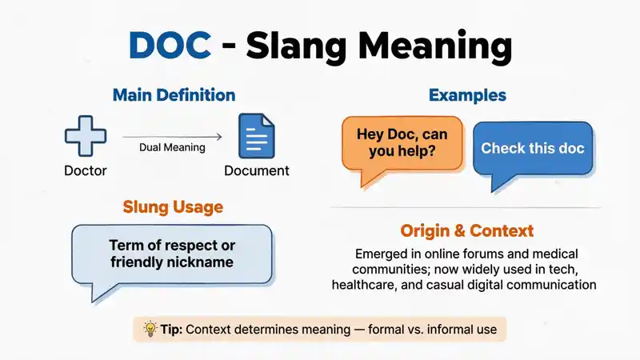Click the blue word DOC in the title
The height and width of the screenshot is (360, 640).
click(170, 45)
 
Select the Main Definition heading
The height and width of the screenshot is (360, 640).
click(174, 95)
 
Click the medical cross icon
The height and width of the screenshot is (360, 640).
click(86, 136)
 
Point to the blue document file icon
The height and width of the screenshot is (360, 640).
click(257, 136)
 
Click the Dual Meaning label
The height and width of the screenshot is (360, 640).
click(172, 147)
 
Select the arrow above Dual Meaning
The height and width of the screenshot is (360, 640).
click(172, 137)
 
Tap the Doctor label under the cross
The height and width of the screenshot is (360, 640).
click(86, 170)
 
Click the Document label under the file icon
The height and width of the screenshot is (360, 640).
click(257, 170)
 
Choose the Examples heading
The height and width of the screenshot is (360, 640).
click(467, 95)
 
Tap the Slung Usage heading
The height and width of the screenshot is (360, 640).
click(173, 207)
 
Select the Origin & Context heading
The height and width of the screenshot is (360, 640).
click(467, 231)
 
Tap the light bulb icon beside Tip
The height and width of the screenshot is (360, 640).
click(150, 329)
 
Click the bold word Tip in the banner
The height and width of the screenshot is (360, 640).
click(171, 330)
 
